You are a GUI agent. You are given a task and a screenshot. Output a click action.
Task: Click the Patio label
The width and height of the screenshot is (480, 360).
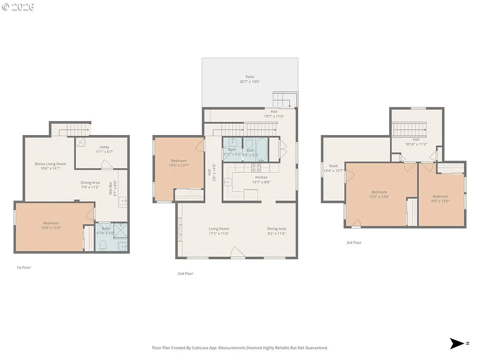tap(250, 77)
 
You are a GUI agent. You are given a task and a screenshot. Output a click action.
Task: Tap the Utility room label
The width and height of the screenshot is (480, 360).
tap(104, 147)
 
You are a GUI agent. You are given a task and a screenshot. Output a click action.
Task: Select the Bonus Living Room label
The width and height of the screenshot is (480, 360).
tap(50, 164)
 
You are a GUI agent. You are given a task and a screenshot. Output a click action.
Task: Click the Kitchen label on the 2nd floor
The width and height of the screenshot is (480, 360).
tap(261, 177)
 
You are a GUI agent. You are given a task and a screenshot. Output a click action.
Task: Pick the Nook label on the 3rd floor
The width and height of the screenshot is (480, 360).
tap(333, 166)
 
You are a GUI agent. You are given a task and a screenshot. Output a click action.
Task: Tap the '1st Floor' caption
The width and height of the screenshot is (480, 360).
tap(23, 268)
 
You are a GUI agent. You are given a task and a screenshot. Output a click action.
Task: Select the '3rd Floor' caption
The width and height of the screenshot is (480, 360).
tap(354, 243)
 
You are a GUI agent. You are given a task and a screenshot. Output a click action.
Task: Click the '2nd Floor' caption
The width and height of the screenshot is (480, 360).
tap(185, 274)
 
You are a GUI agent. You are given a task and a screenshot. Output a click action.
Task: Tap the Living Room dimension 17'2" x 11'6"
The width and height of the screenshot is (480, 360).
tap(219, 233)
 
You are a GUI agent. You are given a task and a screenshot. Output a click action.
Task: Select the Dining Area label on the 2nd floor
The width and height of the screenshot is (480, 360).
tap(277, 229)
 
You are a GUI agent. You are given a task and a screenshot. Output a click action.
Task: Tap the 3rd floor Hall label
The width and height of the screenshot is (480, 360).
tap(416, 139)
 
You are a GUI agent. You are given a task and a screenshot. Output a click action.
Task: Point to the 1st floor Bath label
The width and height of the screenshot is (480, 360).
tap(106, 229)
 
